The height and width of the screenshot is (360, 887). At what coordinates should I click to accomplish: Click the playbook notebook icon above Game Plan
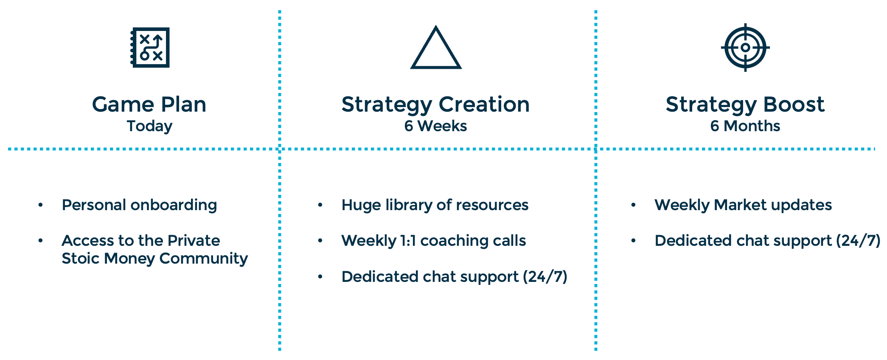(x=150, y=48)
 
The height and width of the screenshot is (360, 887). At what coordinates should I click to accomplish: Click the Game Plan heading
(x=149, y=104)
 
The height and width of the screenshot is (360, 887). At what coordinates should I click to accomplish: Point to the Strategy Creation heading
(x=435, y=104)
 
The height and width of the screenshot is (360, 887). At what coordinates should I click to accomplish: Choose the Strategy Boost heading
(x=745, y=104)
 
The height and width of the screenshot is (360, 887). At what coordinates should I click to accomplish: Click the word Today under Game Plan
(x=149, y=126)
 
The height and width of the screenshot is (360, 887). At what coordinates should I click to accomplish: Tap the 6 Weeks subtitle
(x=435, y=126)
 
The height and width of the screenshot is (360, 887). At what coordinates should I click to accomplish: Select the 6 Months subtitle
(x=745, y=126)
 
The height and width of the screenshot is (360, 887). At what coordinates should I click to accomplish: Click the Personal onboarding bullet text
(x=139, y=205)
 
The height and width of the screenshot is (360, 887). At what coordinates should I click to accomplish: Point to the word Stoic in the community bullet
(x=81, y=259)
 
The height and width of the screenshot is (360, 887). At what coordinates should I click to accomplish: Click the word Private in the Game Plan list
(x=194, y=241)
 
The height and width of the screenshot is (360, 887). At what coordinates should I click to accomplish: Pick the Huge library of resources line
(x=435, y=205)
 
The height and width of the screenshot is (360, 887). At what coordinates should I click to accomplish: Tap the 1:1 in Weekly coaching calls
(x=408, y=241)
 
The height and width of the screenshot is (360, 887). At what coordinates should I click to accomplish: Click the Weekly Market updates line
(x=743, y=205)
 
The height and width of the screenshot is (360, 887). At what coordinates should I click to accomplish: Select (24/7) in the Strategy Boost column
(x=858, y=241)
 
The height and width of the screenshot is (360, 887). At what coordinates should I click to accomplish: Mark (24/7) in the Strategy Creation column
(x=545, y=277)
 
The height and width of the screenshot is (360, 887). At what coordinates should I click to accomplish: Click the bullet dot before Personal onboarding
(x=41, y=205)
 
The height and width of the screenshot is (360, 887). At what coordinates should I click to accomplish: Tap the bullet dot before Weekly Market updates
(x=633, y=205)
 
